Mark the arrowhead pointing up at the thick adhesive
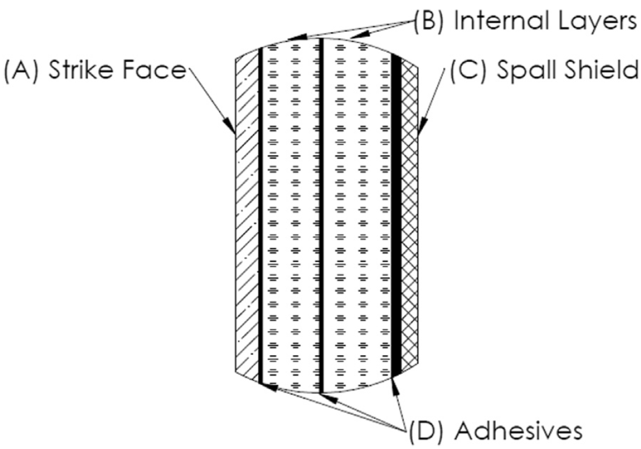tap(395, 386)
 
